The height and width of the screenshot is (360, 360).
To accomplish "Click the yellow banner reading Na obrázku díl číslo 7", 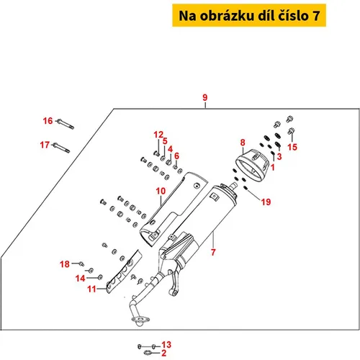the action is point(249,15).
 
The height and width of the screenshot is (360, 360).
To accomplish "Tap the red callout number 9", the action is point(204,97).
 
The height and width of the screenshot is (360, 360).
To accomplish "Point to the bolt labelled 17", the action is point(61,148).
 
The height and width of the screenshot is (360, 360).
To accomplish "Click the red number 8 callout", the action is point(243,143).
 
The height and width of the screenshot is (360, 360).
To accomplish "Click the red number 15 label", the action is point(292,147).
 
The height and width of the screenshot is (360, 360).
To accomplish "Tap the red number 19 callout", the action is point(266,202).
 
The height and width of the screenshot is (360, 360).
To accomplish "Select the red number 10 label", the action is point(161,191).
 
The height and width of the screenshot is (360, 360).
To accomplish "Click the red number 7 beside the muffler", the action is point(213,252).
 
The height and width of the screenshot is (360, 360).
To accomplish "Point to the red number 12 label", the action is point(158,135).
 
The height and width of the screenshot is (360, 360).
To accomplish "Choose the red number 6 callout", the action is point(176,156).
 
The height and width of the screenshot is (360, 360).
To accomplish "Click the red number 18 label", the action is point(65,264).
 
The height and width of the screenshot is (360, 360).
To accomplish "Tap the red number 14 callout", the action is point(81,279).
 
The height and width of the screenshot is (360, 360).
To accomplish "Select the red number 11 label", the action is point(91,289).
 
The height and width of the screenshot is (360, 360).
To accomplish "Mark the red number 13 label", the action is point(166,345).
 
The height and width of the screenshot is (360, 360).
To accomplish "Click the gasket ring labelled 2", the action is point(147,353).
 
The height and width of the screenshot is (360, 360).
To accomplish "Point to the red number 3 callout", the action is point(279,156).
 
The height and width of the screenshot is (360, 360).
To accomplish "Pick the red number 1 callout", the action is point(273,167).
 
